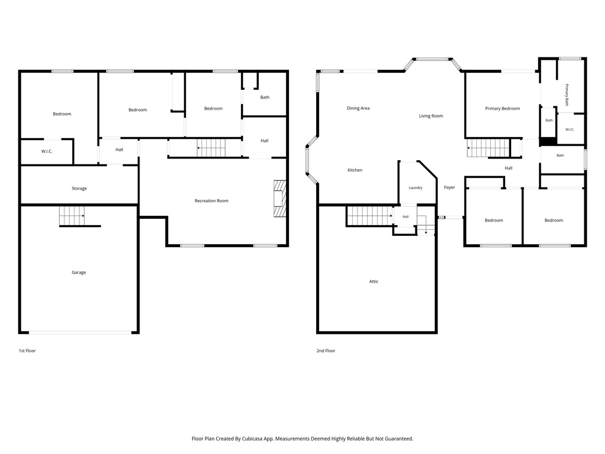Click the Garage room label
point(79,273)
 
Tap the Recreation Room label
point(212,201)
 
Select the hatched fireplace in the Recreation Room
point(279,198)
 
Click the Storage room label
point(79,189)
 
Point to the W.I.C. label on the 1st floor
point(47,151)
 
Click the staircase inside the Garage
point(71,216)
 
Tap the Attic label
point(374,281)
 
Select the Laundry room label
point(415,187)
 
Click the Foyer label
point(450,187)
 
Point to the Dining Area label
point(358,109)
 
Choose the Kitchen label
point(355,170)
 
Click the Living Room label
point(431,116)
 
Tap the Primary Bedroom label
point(502,109)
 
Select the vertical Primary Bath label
point(567,95)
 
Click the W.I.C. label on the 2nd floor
point(570,129)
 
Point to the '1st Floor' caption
point(27,351)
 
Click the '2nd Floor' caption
point(326,351)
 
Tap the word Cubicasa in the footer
point(253,439)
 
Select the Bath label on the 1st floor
point(265,98)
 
